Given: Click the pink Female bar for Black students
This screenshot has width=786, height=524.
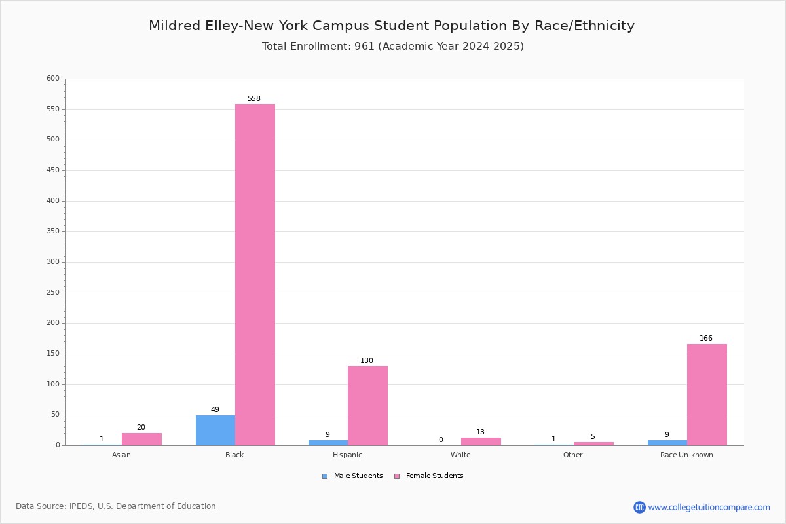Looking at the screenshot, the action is tap(255, 275).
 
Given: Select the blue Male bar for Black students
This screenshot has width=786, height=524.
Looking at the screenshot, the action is tap(215, 430).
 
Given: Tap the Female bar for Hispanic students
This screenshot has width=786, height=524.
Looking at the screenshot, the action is tap(367, 406).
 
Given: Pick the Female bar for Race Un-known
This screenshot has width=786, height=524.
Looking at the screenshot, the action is tap(707, 395).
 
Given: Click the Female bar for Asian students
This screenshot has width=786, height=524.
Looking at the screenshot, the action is tap(141, 440).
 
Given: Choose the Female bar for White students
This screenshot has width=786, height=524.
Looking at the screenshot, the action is tap(481, 441).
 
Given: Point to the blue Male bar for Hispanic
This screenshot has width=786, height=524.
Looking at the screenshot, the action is tap(328, 443).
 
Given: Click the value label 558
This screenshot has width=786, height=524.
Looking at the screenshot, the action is tap(254, 99).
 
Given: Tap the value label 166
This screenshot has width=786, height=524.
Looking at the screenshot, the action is tap(706, 339).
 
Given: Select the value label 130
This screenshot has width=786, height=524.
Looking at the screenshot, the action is tap(367, 360).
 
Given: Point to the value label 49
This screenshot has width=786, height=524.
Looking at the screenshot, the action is tap(215, 409).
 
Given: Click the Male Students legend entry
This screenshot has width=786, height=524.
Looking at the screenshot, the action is tap(352, 476).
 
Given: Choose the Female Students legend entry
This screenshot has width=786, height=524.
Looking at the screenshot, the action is tap(429, 476).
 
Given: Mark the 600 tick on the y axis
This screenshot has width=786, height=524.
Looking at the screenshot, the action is tap(53, 78).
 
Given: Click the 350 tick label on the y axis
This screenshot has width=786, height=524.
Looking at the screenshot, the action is tap(53, 231).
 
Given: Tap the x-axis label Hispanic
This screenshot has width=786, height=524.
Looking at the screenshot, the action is tap(347, 455).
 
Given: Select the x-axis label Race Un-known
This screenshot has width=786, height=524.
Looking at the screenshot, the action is tap(686, 455).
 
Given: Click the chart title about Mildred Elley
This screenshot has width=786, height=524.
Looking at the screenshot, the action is tap(392, 26).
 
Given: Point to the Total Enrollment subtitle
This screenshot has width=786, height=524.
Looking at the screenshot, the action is tap(393, 47).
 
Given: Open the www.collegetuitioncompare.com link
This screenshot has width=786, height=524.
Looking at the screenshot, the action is tap(709, 507).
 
